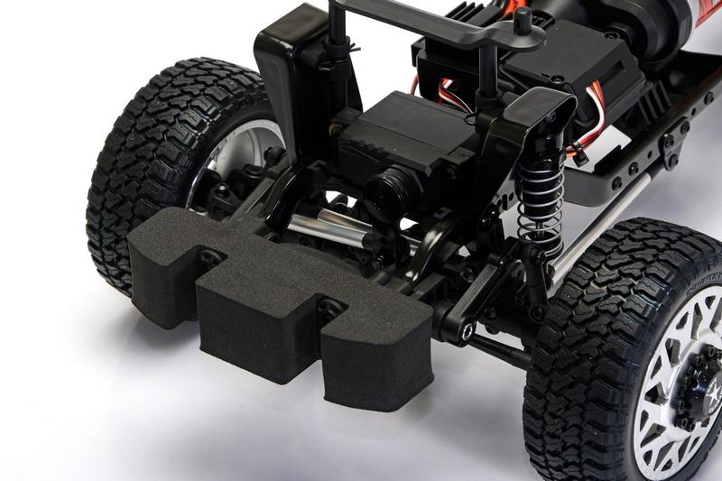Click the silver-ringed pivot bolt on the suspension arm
click(467, 334)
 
